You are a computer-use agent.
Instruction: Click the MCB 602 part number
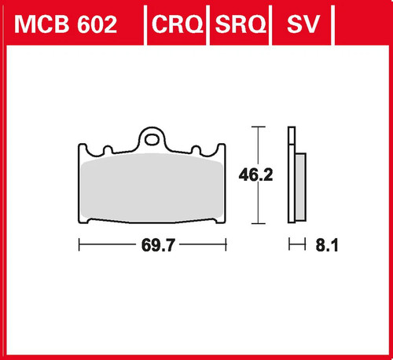pos(65,24)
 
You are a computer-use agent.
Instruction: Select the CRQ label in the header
pos(178,24)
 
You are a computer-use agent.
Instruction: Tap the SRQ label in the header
pos(241,24)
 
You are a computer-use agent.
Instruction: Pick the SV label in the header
pos(303,24)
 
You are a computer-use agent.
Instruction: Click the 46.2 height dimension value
pos(255,175)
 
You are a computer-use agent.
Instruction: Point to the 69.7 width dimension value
pos(158,245)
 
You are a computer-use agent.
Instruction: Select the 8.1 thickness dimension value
pos(327,245)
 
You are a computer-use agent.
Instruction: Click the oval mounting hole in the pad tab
pos(152,140)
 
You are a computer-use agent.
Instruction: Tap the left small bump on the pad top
pos(108,149)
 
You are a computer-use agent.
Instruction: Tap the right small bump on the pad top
pos(196,149)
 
